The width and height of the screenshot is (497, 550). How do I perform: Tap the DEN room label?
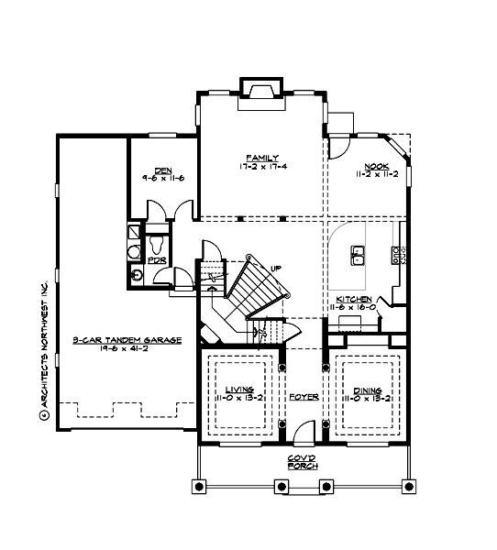(x=163, y=170)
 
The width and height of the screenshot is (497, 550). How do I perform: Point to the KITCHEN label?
(x=353, y=300)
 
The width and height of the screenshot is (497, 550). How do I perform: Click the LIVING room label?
(x=239, y=390)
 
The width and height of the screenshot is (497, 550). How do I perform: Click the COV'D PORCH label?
(x=302, y=459)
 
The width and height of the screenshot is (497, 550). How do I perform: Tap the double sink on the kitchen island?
(x=357, y=250)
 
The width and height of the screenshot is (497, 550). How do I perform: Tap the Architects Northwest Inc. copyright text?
(x=43, y=348)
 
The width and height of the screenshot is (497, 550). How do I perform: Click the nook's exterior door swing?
(x=338, y=147)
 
